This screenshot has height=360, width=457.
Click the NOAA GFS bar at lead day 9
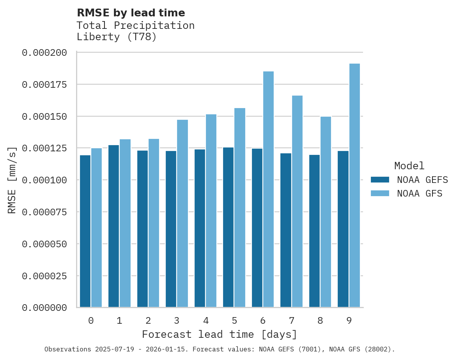(354, 185)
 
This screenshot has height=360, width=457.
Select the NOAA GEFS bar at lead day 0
(85, 231)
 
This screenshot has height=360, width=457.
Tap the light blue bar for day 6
(268, 189)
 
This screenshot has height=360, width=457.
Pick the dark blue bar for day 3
(171, 229)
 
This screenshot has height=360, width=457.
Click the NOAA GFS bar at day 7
(297, 201)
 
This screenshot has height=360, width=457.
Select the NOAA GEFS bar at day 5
(228, 227)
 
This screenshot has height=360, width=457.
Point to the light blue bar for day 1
(125, 223)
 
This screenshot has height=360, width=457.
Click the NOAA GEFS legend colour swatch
(380, 180)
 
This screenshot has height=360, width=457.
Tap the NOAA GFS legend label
(420, 193)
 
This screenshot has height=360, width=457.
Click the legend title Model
(409, 166)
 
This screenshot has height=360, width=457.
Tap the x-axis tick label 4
(206, 321)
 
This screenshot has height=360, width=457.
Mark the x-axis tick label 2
(148, 321)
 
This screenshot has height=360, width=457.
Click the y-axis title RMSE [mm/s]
(12, 180)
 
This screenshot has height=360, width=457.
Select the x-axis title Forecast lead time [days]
(220, 335)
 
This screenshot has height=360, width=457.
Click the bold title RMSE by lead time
(131, 13)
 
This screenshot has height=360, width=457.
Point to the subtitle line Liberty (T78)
(117, 37)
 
